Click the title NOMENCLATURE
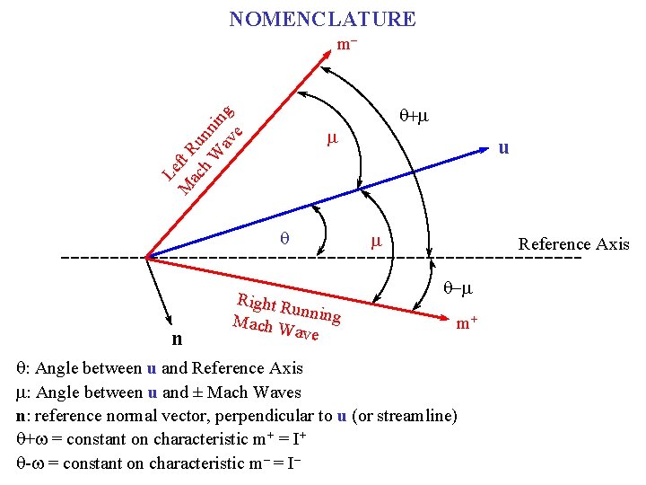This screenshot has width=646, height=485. click(x=322, y=19)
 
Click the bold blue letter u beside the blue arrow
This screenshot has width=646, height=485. click(x=504, y=148)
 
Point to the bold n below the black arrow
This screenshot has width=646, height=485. click(x=177, y=339)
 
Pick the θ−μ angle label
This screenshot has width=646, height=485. click(x=458, y=289)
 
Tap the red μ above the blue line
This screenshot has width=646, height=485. click(x=331, y=139)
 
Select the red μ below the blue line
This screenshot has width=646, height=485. click(x=377, y=241)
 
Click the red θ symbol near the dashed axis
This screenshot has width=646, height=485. click(x=284, y=239)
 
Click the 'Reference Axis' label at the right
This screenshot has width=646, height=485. click(x=573, y=244)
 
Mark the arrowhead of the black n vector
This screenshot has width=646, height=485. click(x=170, y=320)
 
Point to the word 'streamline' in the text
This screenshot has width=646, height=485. click(x=421, y=416)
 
